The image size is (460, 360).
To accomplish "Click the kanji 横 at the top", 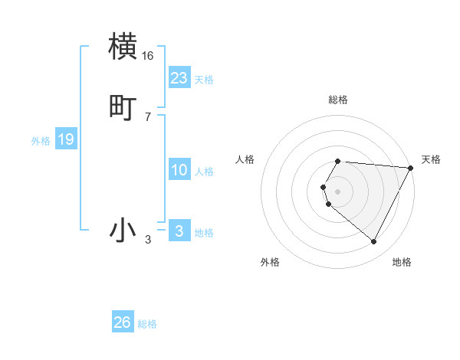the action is tap(123, 46).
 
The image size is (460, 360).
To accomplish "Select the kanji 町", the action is tap(123, 107).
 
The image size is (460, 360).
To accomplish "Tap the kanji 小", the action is tap(123, 230).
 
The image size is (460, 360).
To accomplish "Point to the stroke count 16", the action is tap(148, 56).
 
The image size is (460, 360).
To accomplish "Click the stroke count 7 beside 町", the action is tap(148, 116).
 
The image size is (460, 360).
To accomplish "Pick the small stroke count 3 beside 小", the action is tap(148, 240).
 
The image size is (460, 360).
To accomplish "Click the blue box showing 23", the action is tap(179, 78).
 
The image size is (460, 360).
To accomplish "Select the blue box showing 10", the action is tap(179, 170).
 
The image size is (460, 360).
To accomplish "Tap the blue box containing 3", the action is tap(179, 231).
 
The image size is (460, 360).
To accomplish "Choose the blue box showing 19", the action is tap(65, 139).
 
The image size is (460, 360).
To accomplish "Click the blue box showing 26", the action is tap(123, 322).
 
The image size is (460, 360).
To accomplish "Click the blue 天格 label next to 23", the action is tap(204, 80).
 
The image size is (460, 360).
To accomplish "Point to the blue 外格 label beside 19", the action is tap(41, 141).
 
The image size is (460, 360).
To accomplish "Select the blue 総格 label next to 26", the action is tap(147, 324).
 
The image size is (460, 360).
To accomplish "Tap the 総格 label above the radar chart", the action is tap(338, 100).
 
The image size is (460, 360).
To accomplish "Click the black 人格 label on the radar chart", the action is tap(245, 159).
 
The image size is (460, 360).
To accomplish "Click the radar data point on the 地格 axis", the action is tap(374, 241).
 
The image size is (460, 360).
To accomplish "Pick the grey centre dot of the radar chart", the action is tap(338, 191).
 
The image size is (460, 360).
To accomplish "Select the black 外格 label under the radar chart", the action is tap(270, 262).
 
